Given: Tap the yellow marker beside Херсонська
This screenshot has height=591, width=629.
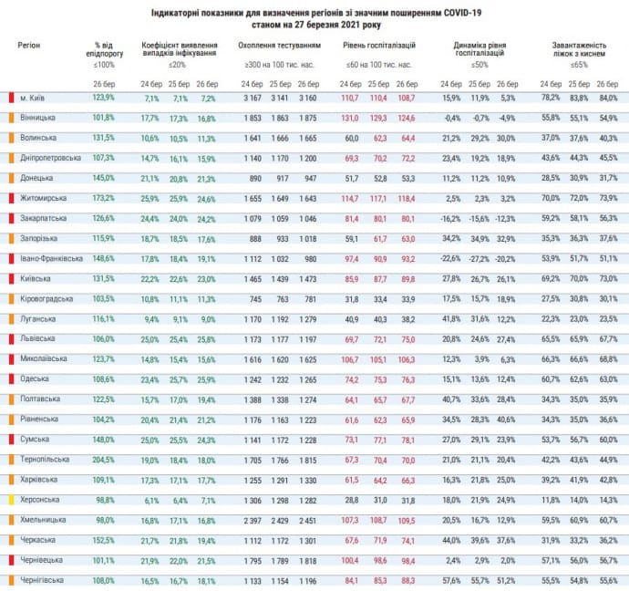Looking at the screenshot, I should pyautogui.click(x=10, y=499).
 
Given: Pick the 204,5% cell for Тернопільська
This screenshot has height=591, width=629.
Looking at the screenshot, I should pyautogui.click(x=104, y=459).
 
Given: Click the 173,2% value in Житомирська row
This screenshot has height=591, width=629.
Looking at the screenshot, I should pyautogui.click(x=104, y=198).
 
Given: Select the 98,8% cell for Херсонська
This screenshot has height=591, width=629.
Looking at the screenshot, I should pyautogui.click(x=105, y=499).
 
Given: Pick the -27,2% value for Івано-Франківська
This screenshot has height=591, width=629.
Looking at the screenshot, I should pyautogui.click(x=479, y=258).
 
